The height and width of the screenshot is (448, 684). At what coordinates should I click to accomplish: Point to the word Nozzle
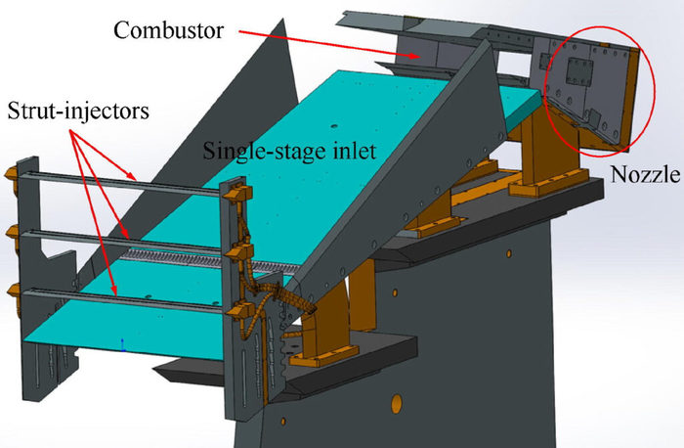click(x=643, y=177)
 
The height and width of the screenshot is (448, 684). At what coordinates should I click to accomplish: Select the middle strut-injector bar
click(x=127, y=236)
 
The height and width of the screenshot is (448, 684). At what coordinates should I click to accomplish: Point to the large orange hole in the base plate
click(x=397, y=402)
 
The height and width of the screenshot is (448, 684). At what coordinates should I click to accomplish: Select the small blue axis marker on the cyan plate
click(x=122, y=342)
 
